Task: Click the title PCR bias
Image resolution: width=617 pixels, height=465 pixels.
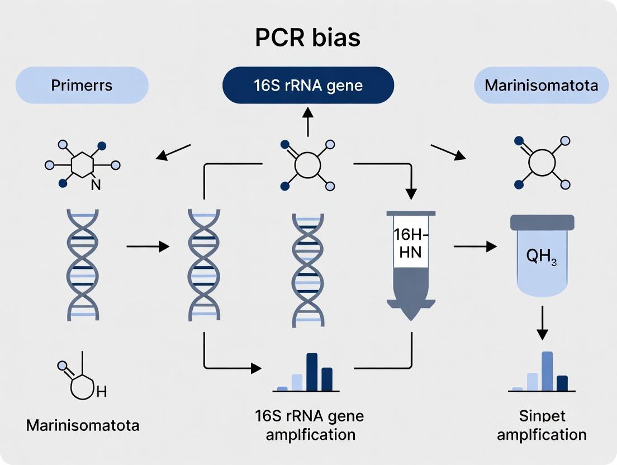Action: tap(308, 38)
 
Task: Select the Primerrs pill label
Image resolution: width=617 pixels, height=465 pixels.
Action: tap(82, 86)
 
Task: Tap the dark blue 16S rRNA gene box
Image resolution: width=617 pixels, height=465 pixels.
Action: tap(308, 86)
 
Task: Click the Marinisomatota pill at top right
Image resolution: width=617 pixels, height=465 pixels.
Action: tap(541, 86)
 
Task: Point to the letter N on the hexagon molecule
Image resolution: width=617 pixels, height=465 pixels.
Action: tap(96, 185)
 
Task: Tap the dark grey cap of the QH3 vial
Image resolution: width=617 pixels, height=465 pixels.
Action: tap(542, 222)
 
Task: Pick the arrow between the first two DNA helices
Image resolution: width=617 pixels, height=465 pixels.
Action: tap(148, 245)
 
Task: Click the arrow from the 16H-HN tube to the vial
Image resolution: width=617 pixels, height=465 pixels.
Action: tap(475, 245)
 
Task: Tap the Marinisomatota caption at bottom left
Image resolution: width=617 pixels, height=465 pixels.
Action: tap(83, 425)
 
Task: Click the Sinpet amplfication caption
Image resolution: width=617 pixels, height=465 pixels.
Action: tap(542, 425)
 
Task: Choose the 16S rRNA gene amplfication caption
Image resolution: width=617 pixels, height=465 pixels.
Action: tap(308, 425)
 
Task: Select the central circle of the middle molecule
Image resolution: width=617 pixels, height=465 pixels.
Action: tap(307, 165)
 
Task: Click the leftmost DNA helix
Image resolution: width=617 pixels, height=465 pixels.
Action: tap(83, 264)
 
